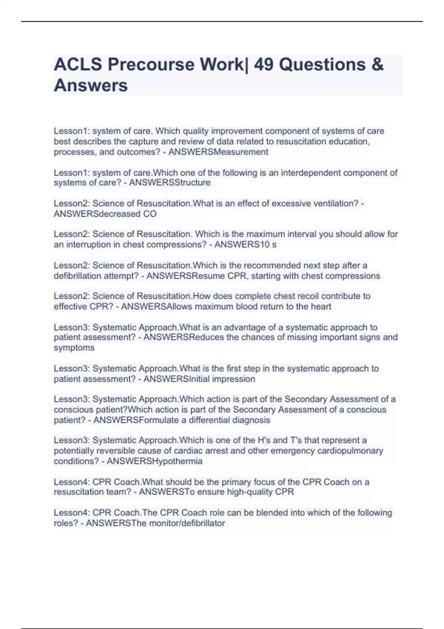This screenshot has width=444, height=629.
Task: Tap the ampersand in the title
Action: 377,65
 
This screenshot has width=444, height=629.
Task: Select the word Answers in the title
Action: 91,85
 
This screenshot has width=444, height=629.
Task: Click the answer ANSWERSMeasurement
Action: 218,152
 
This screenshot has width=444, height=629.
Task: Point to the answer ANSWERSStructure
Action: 170,182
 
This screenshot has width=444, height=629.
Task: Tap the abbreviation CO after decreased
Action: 150,214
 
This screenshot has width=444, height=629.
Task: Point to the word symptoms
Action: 74,348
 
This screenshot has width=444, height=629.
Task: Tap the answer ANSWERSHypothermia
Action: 155,461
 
